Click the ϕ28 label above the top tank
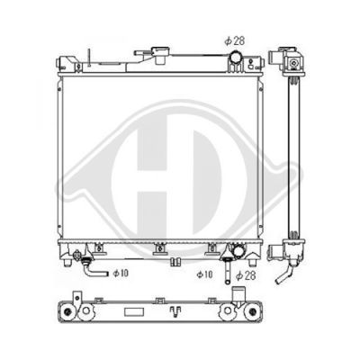point(235,40)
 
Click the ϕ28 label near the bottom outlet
point(246,275)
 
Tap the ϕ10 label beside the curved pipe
point(121,273)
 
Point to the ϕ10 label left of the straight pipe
point(204,274)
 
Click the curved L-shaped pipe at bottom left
point(94,268)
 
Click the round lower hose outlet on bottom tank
point(238,252)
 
